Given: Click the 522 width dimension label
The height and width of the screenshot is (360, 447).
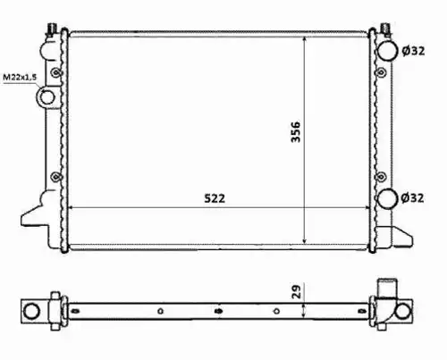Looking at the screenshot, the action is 215,198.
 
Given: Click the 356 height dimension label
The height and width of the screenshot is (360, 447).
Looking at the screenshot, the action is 296,131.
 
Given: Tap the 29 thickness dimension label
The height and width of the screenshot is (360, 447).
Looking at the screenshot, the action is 297,291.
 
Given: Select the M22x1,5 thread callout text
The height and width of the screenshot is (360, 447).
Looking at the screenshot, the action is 20,78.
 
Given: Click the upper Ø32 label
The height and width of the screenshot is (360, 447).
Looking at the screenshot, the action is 413,51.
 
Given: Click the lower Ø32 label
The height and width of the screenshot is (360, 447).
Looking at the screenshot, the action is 412,197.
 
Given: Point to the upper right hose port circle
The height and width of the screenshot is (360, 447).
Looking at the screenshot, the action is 387,51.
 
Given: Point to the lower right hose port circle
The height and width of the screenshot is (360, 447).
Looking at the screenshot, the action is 387,198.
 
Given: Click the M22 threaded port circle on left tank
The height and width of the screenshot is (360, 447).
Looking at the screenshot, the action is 46,97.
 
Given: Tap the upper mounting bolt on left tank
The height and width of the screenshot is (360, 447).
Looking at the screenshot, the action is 56,72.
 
